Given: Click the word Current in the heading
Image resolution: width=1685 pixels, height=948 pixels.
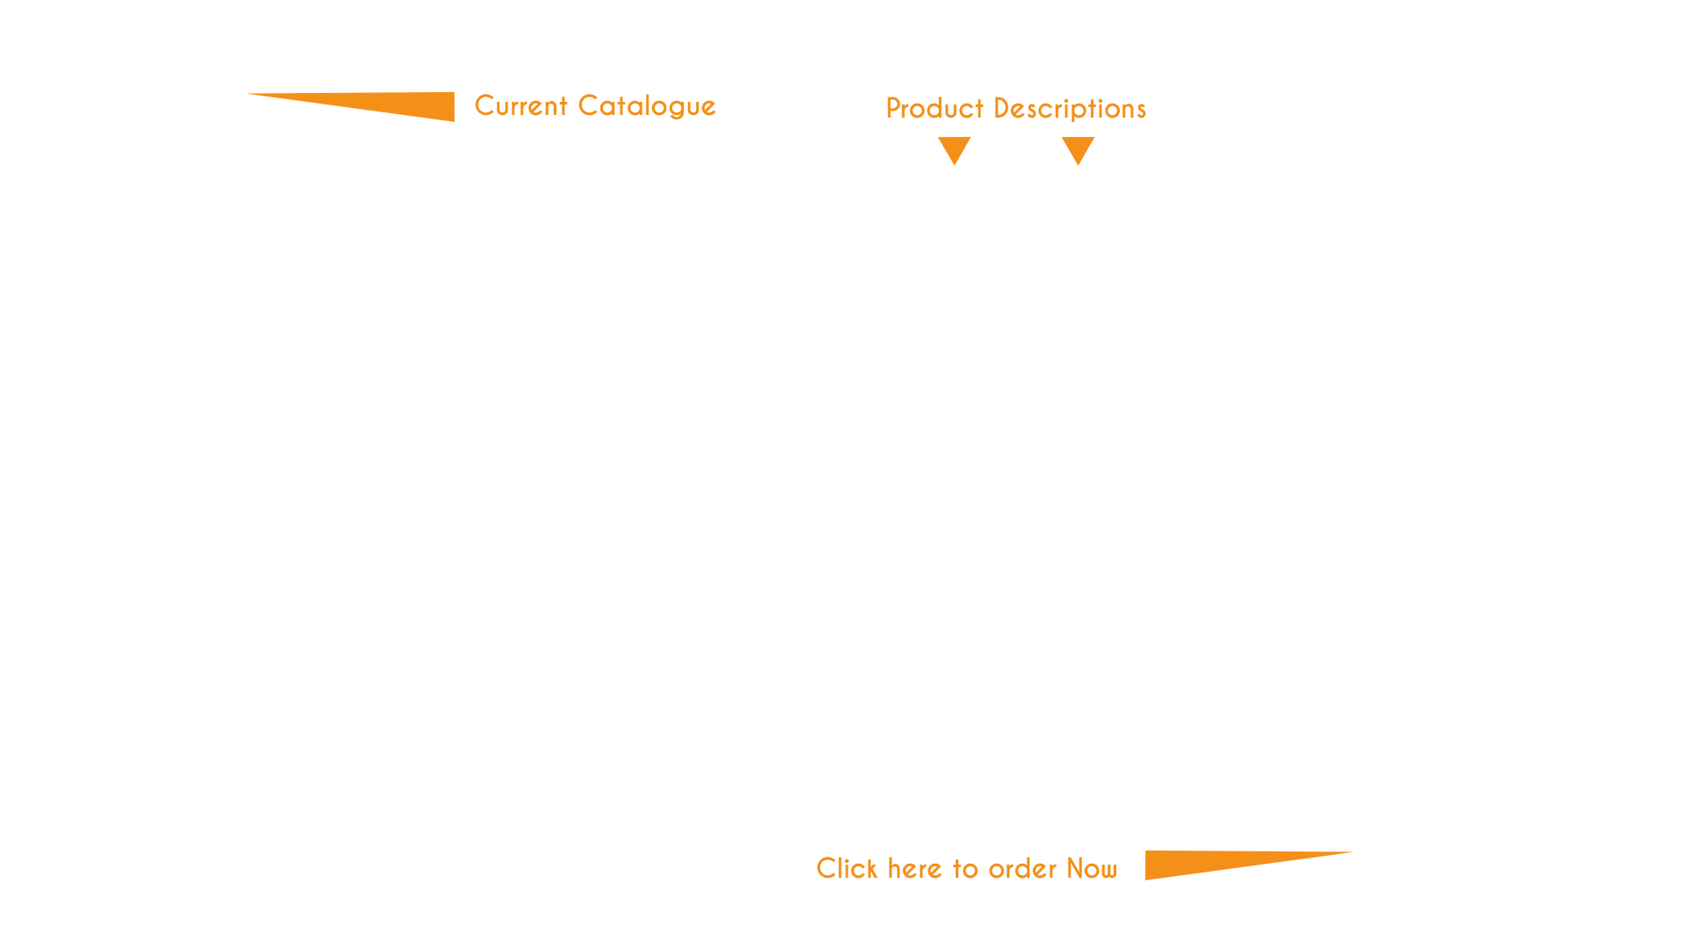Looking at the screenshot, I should click(521, 106).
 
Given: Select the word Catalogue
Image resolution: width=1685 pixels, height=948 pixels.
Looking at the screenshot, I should click(647, 106).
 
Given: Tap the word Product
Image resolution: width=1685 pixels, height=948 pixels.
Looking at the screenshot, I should click(935, 109).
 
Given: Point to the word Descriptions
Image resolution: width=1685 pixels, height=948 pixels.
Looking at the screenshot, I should click(1070, 109).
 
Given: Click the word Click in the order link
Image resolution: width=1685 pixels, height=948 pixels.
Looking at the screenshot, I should click(847, 868).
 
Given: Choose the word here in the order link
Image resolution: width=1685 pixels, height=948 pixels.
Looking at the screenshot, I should click(915, 869).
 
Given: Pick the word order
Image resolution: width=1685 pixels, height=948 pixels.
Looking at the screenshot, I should click(1022, 869).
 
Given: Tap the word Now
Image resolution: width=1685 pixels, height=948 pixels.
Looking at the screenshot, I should click(1092, 868).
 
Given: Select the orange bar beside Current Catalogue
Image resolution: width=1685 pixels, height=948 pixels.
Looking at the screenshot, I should click(350, 107).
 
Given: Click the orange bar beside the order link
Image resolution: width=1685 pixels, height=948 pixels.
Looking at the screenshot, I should click(1249, 865).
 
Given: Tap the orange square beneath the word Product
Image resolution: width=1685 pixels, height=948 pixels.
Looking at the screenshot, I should click(954, 151).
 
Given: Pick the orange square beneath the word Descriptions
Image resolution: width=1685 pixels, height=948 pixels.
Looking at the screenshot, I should click(1078, 151).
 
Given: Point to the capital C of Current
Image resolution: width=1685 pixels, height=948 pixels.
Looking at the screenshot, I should click(484, 105).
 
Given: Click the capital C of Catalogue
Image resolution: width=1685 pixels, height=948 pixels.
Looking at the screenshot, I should click(588, 105).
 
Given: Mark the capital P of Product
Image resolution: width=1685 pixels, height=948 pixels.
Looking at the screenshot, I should click(893, 108).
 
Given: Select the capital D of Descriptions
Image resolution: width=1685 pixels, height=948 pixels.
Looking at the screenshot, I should click(1002, 108).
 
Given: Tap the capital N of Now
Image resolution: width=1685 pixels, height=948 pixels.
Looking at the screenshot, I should click(1077, 867).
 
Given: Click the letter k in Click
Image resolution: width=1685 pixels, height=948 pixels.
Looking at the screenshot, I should click(871, 868).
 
